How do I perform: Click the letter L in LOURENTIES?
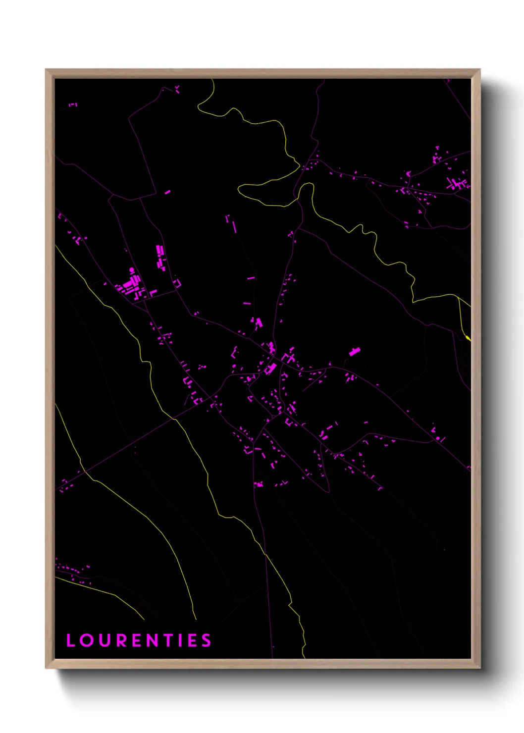(x=70, y=640)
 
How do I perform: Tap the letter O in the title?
(x=86, y=640)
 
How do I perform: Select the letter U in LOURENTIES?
(x=104, y=640)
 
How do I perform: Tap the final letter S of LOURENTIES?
(x=206, y=640)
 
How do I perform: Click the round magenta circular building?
(x=132, y=270)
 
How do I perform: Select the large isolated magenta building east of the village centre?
(x=354, y=352)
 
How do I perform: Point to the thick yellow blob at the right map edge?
(x=468, y=338)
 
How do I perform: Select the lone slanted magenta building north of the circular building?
(x=167, y=192)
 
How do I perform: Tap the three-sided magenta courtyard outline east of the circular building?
(x=177, y=283)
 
